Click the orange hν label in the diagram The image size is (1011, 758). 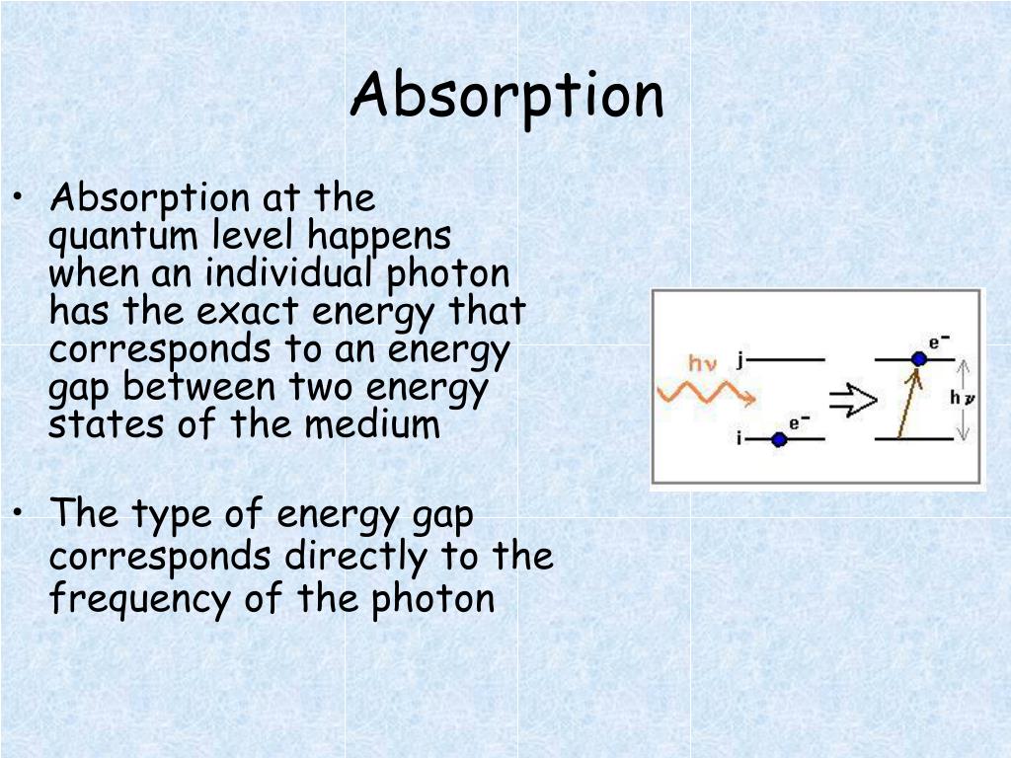click(702, 363)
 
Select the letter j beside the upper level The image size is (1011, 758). click(740, 359)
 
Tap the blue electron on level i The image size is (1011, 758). click(779, 439)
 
